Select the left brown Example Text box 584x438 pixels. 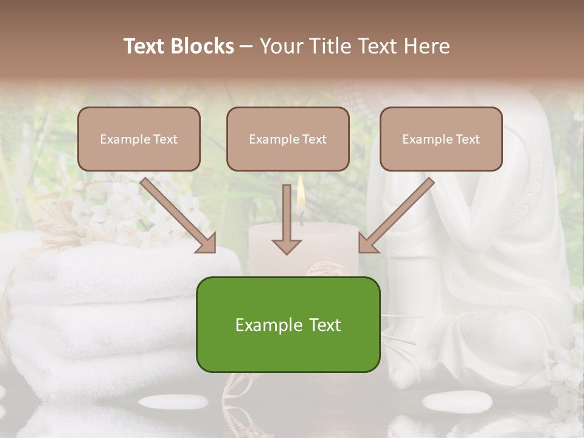click(139, 139)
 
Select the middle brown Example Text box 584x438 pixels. click(288, 139)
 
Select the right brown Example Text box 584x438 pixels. click(441, 139)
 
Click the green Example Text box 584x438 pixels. click(288, 324)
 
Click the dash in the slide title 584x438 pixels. click(246, 46)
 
